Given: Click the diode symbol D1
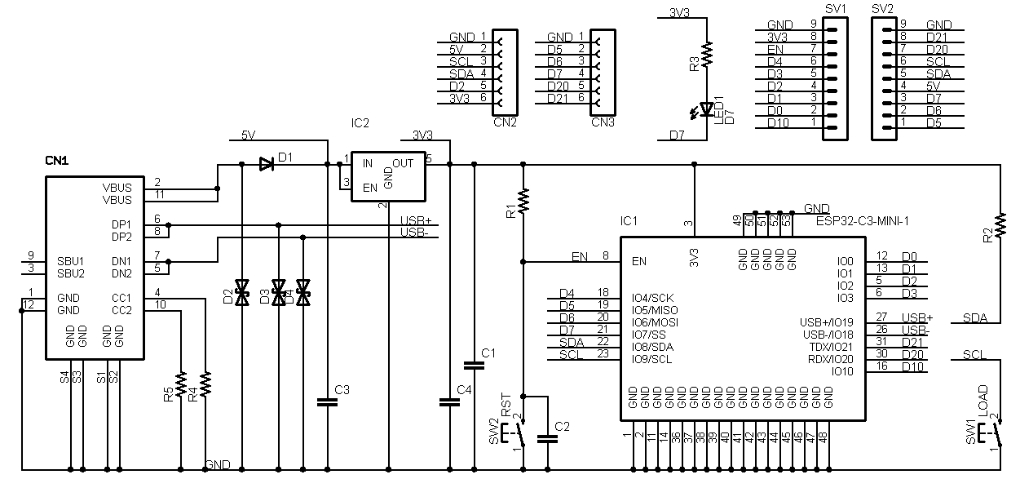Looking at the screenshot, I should (265, 164).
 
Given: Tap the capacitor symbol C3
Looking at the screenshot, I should (327, 401).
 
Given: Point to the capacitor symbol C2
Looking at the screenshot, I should (548, 439).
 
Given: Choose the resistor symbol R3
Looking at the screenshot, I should (707, 54).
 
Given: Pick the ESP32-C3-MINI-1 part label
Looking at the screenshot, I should (862, 220).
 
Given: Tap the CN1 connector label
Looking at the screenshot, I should (56, 162).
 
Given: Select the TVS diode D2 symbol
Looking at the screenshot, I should (241, 293).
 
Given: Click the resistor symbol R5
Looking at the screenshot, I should (181, 382).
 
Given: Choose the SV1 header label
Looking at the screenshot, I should (835, 9).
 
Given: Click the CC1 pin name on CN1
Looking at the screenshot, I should (121, 298).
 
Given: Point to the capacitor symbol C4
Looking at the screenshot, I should (448, 401).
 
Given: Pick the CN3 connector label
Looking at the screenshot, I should (602, 123).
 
